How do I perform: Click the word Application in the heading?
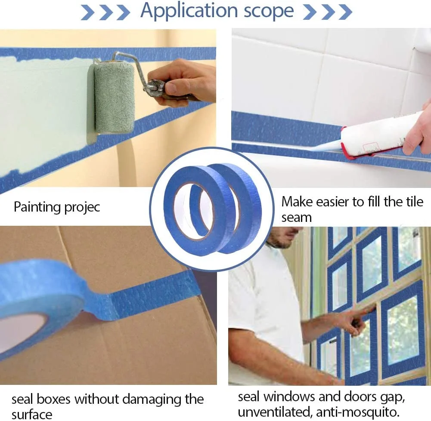[189, 11]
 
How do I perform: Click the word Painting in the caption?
[37, 207]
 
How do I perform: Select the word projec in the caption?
[82, 208]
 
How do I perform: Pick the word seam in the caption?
[297, 218]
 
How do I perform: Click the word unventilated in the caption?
[275, 412]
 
